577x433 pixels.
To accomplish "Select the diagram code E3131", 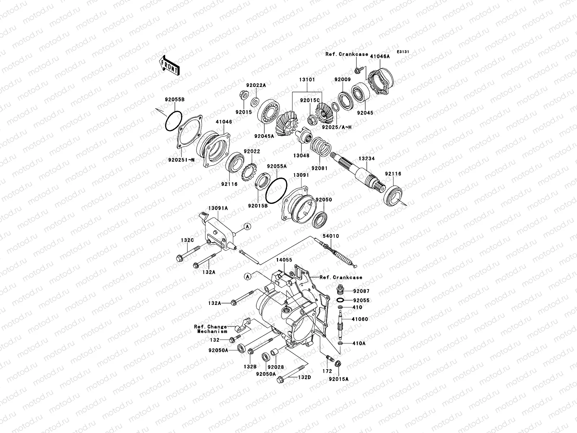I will (403, 52).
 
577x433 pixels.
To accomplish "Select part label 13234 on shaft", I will (366, 158).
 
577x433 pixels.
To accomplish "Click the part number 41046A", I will (380, 57).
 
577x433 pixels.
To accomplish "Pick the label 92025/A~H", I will (337, 127).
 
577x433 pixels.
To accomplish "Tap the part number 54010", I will (331, 236).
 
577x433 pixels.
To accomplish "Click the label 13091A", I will (218, 208).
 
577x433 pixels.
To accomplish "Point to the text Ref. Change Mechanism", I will (211, 329).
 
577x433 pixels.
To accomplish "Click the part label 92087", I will (361, 291).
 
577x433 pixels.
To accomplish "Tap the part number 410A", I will (359, 344).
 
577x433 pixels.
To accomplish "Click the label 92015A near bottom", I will (339, 379).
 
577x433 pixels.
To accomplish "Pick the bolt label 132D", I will (304, 377).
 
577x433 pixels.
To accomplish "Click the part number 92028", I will (276, 367).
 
